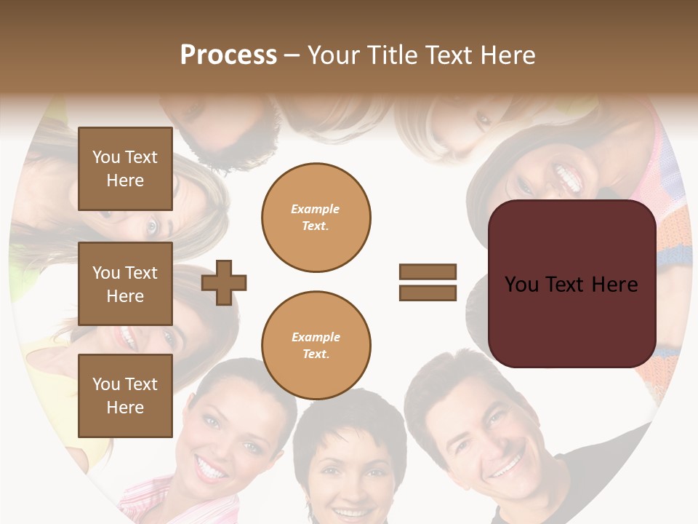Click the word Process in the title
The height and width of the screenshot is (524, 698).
pyautogui.click(x=228, y=55)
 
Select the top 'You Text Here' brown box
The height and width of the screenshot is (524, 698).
pyautogui.click(x=125, y=169)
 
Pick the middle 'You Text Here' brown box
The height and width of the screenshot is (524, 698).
pyautogui.click(x=125, y=284)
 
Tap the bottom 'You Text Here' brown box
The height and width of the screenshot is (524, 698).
pyautogui.click(x=125, y=395)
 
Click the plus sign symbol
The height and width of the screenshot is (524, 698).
pyautogui.click(x=224, y=282)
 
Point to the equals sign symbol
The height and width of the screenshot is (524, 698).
pyautogui.click(x=428, y=282)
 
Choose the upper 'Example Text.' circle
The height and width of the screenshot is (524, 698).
pyautogui.click(x=316, y=218)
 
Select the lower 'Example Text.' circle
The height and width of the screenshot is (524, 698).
pyautogui.click(x=316, y=346)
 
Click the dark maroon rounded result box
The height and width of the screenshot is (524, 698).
pyautogui.click(x=571, y=284)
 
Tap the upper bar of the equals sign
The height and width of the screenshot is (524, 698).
pyautogui.click(x=428, y=272)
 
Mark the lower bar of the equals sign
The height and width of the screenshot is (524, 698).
pyautogui.click(x=428, y=293)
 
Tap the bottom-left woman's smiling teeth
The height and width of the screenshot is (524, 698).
pyautogui.click(x=212, y=470)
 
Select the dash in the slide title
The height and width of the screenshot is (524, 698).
pyautogui.click(x=292, y=55)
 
